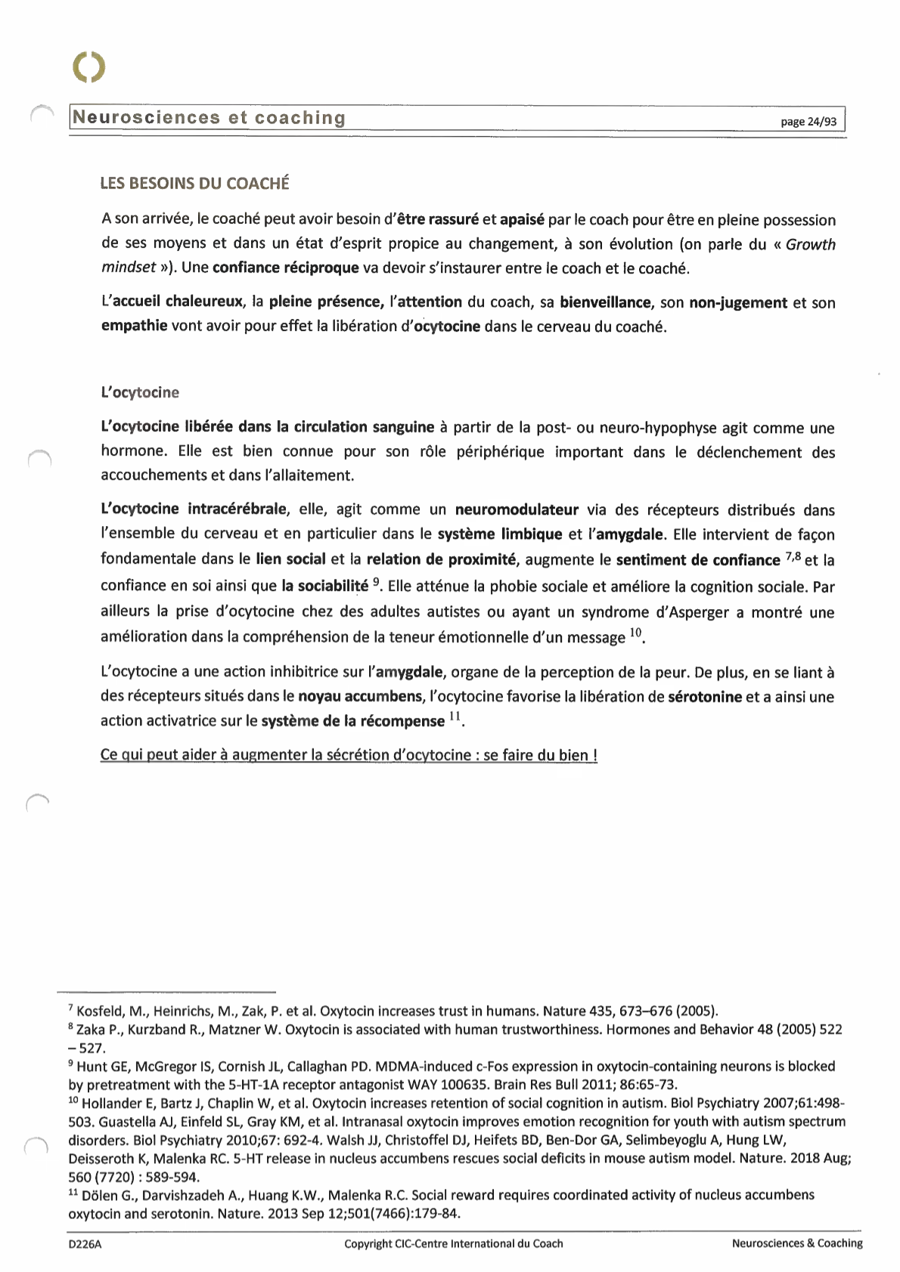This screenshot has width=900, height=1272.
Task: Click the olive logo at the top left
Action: point(89,67)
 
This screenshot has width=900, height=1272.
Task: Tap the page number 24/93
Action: point(808,122)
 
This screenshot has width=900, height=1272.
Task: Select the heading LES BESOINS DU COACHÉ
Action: point(195,184)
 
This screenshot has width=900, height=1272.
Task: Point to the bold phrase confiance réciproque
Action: point(285,268)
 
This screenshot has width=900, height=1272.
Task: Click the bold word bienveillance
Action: point(605,302)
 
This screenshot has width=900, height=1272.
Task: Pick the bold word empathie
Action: point(134,327)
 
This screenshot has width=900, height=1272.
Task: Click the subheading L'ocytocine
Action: point(140,392)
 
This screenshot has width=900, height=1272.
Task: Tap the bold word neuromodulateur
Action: point(517,510)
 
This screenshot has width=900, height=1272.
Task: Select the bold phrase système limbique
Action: point(499,534)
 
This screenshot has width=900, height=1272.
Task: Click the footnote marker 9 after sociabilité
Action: point(377,583)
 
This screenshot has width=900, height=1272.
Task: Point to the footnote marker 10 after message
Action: point(635,633)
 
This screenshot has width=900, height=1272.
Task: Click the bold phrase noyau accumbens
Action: point(360,696)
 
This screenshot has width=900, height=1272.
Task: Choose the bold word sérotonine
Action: point(705,696)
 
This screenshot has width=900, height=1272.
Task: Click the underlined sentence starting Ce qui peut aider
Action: point(349,755)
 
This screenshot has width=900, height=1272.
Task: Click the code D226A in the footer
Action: point(85,1244)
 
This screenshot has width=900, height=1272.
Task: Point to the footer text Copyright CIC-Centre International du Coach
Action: point(453,1244)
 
